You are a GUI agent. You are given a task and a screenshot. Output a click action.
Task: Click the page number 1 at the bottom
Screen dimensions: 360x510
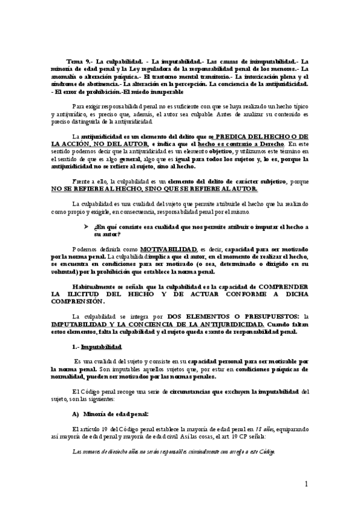306,484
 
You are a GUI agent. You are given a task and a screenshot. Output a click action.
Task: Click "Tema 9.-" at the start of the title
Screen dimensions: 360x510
80,61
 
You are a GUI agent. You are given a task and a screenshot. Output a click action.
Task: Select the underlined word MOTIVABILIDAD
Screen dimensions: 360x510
161,248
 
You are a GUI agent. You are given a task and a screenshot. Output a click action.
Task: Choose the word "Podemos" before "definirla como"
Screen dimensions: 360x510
83,248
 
